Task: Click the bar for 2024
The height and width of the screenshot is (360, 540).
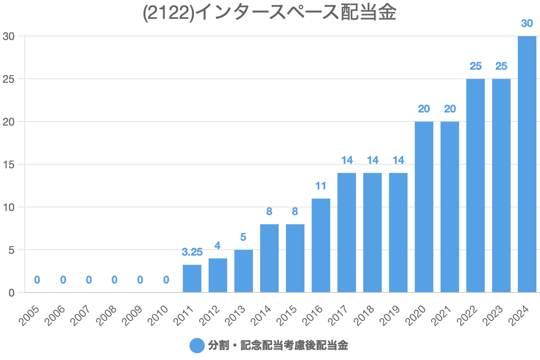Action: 527,164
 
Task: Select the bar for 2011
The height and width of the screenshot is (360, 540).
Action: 192,279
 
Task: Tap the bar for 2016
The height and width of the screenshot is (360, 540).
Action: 321,245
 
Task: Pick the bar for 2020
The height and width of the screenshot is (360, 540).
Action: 424,207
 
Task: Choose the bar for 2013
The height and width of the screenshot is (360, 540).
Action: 243,271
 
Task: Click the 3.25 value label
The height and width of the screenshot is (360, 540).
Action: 192,252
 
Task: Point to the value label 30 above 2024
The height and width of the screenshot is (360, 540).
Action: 527,23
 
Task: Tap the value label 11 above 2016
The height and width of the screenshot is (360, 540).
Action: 321,186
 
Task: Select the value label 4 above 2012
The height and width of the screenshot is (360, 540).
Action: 218,246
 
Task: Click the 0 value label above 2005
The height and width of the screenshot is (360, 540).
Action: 37,280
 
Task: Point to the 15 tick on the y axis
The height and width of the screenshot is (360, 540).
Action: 9,164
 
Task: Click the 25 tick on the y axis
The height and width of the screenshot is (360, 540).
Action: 9,79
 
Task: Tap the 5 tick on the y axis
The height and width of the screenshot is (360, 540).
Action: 12,250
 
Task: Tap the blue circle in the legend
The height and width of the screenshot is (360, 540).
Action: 197,346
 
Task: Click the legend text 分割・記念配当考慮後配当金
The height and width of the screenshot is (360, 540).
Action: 278,346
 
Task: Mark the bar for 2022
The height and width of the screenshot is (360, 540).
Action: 476,185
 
